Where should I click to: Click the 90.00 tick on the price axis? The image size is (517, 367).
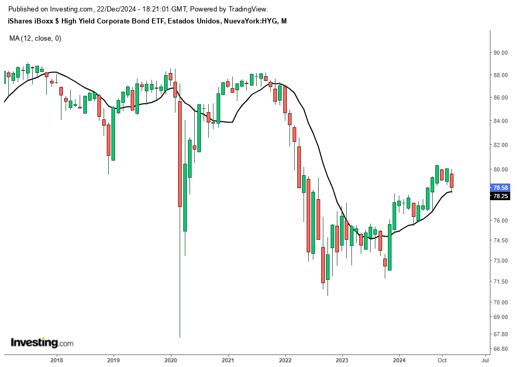click(x=500, y=53)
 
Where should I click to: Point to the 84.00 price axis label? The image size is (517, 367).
click(x=500, y=121)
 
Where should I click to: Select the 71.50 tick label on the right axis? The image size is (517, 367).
click(x=500, y=282)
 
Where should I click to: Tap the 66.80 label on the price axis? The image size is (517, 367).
click(x=500, y=349)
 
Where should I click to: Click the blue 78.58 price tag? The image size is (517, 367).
click(x=500, y=188)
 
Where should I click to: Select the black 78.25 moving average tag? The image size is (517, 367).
click(x=500, y=197)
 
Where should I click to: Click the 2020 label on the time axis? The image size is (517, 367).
click(x=171, y=360)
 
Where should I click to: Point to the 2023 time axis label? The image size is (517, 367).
click(x=342, y=360)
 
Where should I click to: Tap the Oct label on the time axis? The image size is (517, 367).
click(x=442, y=360)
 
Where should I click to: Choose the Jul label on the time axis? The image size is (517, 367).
click(x=485, y=360)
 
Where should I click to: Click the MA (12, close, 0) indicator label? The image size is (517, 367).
click(x=35, y=38)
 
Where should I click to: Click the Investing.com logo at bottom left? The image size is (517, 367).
click(x=42, y=343)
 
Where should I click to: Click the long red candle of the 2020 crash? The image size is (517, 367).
click(x=180, y=154)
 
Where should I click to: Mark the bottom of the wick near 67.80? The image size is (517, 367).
click(x=180, y=337)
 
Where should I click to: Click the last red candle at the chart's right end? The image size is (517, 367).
click(x=452, y=180)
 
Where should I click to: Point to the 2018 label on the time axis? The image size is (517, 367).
click(x=57, y=360)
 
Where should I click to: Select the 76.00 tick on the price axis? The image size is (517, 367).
click(x=500, y=221)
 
